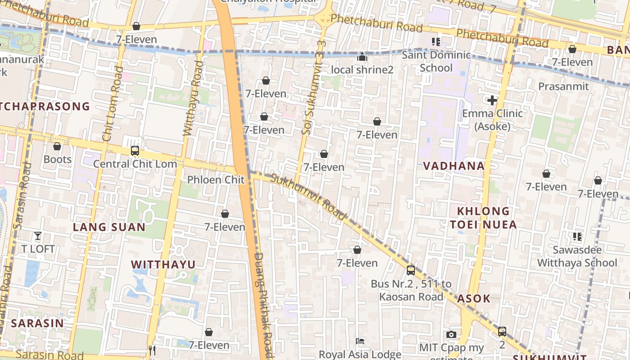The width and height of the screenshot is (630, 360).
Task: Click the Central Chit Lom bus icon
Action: (135, 151)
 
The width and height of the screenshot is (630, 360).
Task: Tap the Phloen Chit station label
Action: (216, 180)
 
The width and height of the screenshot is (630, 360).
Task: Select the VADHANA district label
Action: (454, 166)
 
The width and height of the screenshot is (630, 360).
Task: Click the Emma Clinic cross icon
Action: (492, 100)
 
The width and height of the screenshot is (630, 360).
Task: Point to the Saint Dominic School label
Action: (436, 62)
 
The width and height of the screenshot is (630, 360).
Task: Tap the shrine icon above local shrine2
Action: (362, 57)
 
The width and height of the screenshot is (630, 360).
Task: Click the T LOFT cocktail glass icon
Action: (38, 235)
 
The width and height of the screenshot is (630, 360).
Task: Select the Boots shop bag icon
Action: (57, 146)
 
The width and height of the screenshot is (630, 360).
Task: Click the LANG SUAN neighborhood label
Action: (109, 227)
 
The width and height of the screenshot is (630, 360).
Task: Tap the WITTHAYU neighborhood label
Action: (163, 264)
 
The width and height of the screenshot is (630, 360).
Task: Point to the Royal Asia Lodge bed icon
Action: (360, 341)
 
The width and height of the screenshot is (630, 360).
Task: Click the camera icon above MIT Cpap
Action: (451, 334)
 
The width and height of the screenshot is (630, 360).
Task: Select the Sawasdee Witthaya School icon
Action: (577, 236)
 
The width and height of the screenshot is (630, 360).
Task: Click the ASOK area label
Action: (473, 298)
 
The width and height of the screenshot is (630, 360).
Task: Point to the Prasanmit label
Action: (563, 86)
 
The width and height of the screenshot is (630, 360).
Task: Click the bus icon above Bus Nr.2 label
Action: (410, 270)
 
